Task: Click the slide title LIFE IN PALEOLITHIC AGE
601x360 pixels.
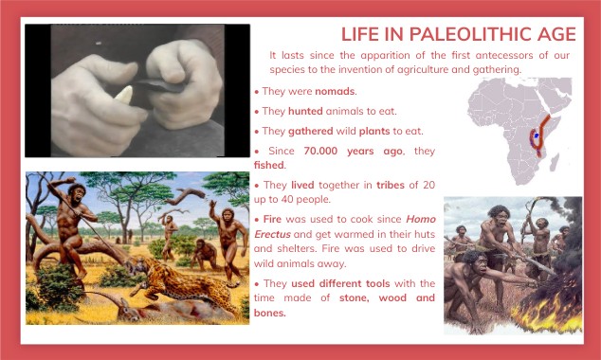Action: click(x=458, y=34)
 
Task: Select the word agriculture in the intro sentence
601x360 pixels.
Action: click(x=422, y=69)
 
